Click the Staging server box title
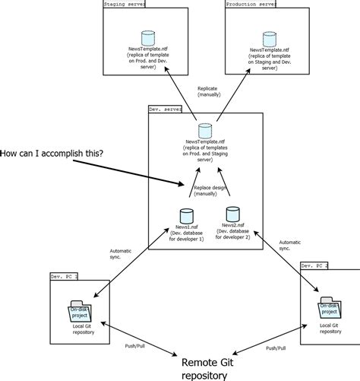(125, 5)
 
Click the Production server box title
(252, 5)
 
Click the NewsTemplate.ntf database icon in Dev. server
(204, 130)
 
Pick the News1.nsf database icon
(185, 215)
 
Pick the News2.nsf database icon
(232, 214)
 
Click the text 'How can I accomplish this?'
(53, 154)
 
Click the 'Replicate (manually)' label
(209, 92)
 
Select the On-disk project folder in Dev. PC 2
(329, 308)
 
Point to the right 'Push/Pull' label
(276, 347)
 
